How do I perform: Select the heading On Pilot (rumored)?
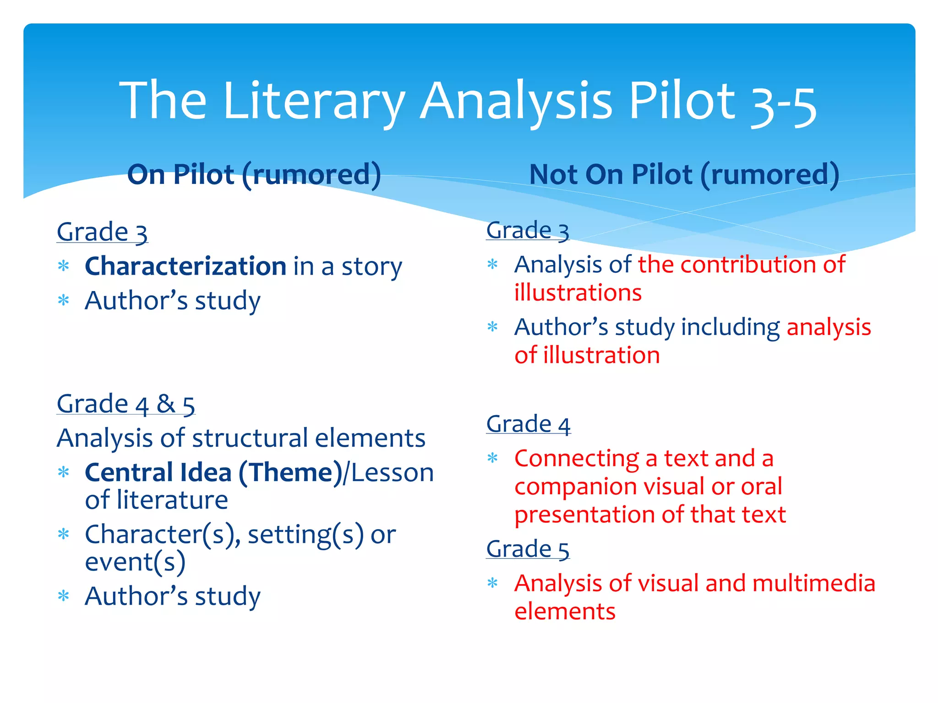pos(254,175)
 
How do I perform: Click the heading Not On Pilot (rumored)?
pos(684,175)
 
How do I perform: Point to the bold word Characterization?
pos(185,266)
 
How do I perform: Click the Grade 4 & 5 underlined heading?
pos(126,405)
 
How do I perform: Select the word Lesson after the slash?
pos(392,473)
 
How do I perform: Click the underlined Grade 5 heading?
pos(528,549)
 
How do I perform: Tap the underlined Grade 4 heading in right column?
pos(528,424)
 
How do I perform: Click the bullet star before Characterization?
pos(64,266)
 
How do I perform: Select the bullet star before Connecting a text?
pos(492,458)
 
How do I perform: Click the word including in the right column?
pos(731,328)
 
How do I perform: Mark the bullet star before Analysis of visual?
pos(492,583)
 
